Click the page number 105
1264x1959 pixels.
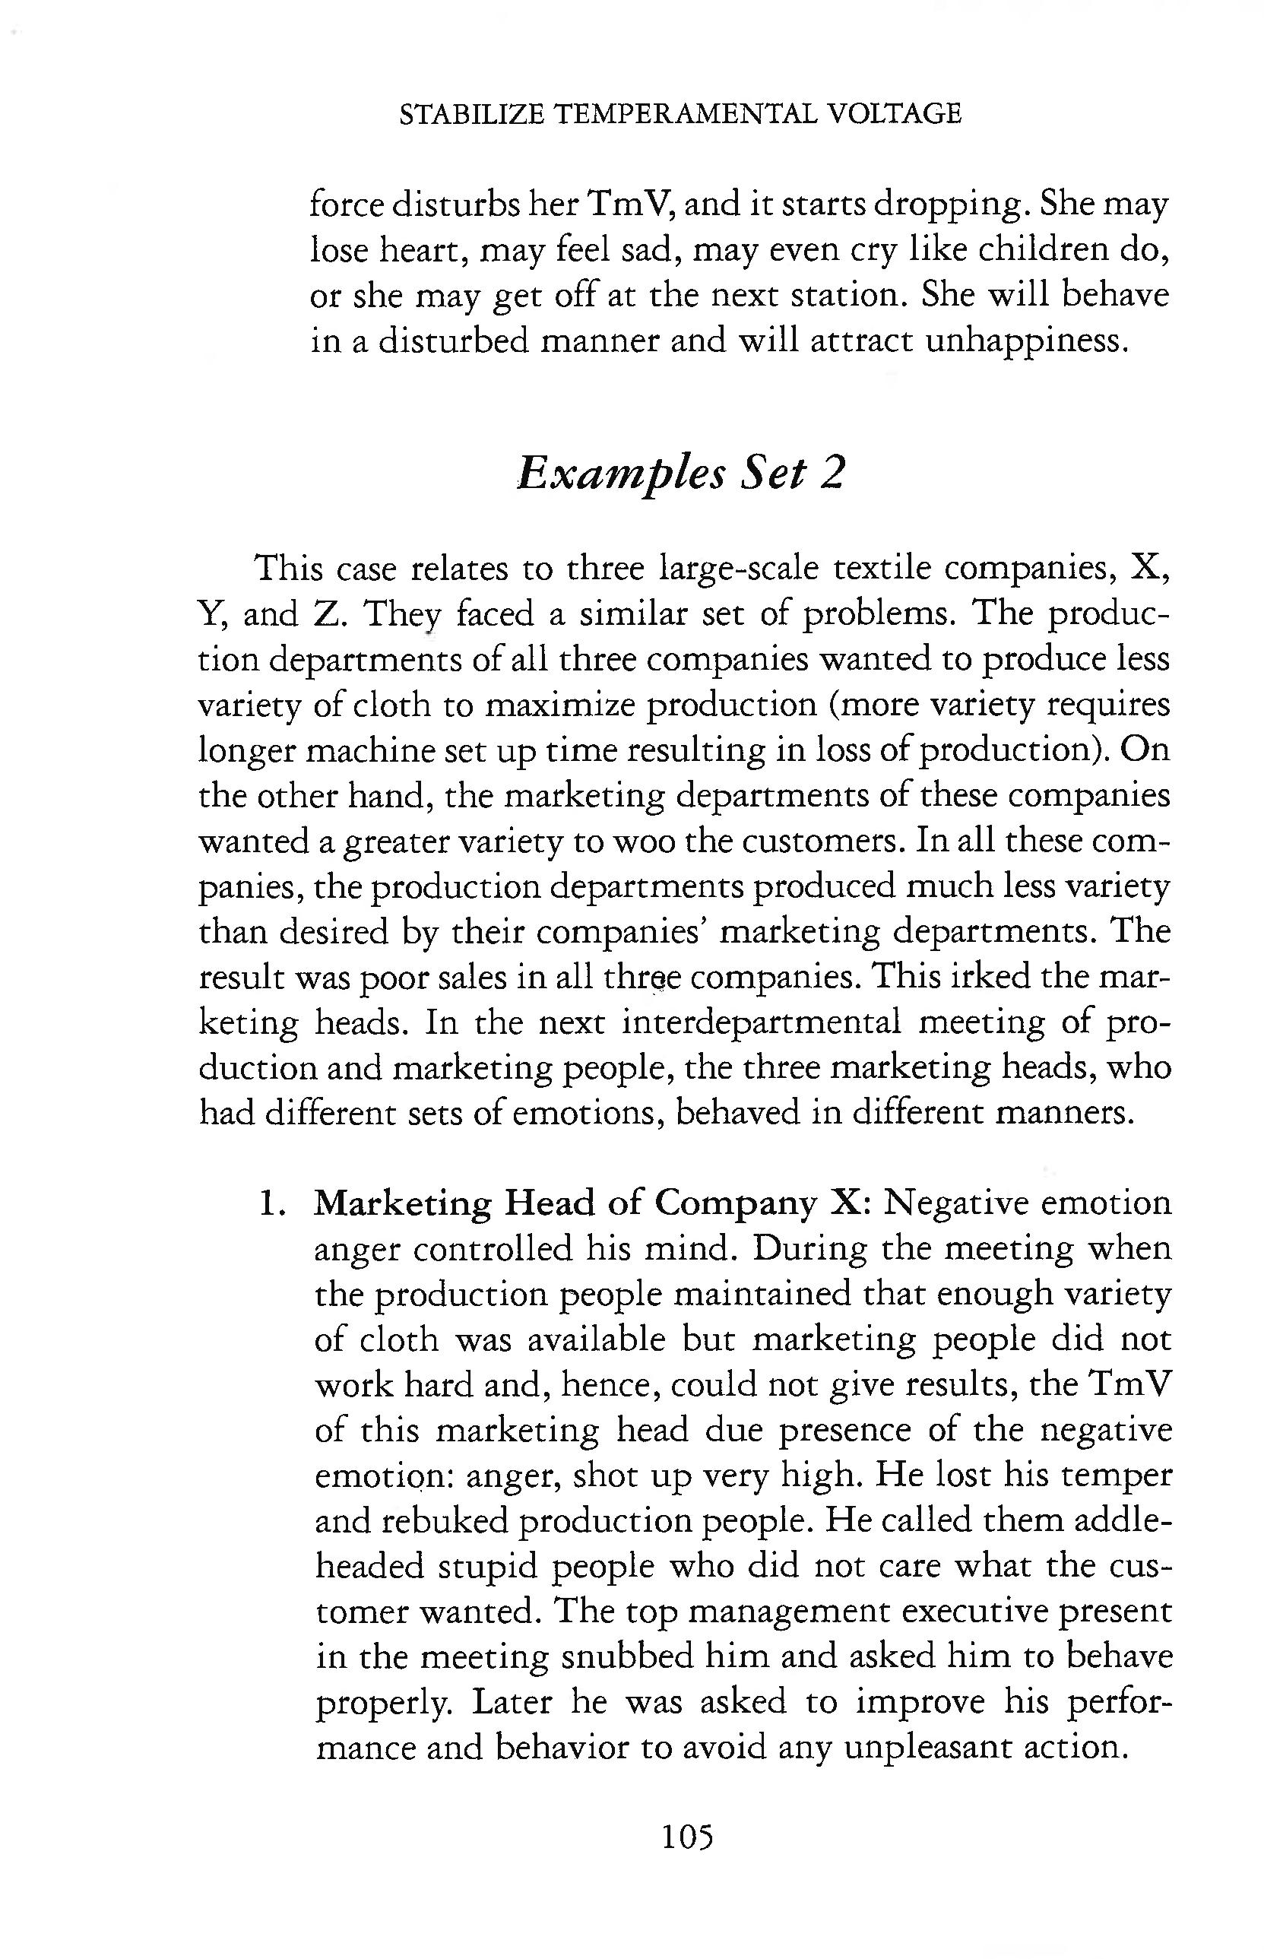687,1837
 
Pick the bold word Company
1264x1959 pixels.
738,1203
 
